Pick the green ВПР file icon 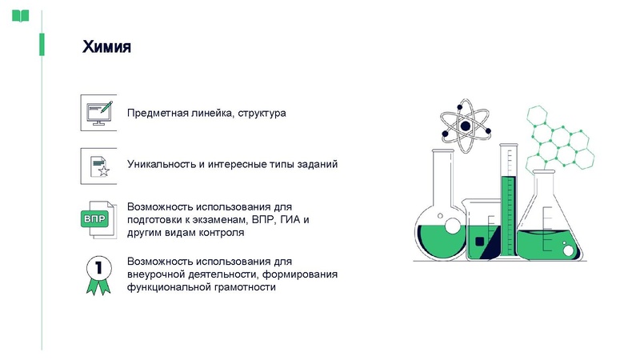[x=99, y=218]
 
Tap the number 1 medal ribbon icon [x=98, y=273]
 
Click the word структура [x=262, y=114]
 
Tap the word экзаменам [x=221, y=219]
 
